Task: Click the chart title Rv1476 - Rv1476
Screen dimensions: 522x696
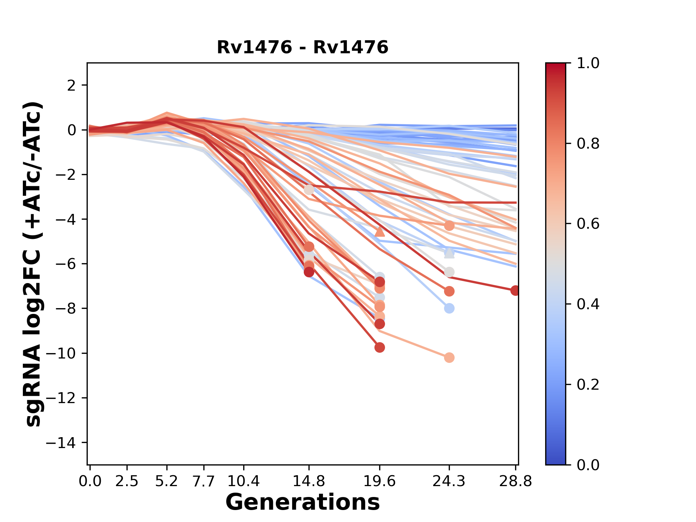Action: click(x=302, y=47)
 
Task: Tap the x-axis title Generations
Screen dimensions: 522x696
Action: click(x=302, y=502)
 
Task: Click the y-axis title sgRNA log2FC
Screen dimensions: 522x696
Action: click(x=33, y=264)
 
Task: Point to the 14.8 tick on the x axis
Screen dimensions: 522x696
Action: click(x=309, y=481)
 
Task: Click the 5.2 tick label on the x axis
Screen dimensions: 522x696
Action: click(x=167, y=481)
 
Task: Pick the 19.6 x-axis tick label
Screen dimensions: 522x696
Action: click(x=380, y=481)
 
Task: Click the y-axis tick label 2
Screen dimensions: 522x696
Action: click(x=71, y=86)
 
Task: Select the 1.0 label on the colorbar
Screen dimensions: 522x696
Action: click(x=588, y=63)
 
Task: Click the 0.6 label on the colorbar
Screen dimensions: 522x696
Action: click(x=588, y=224)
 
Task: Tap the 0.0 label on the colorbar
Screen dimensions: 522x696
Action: click(x=588, y=465)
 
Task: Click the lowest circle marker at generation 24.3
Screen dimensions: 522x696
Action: click(x=449, y=358)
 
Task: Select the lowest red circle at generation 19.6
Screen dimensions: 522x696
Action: click(x=380, y=347)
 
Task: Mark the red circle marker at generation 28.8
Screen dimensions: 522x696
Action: click(x=515, y=290)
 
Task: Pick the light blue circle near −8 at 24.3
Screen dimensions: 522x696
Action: click(x=449, y=308)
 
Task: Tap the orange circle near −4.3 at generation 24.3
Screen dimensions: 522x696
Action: click(x=449, y=226)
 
